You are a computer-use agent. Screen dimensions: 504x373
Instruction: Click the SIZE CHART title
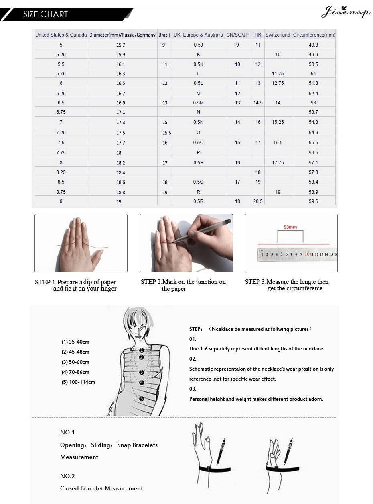(x=45, y=14)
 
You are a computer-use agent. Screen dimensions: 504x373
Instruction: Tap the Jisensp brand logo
(x=345, y=13)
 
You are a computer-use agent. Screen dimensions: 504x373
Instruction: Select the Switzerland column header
(x=278, y=35)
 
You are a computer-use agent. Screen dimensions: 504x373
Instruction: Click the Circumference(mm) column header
(x=314, y=35)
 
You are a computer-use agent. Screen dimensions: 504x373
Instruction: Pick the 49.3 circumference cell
(x=313, y=45)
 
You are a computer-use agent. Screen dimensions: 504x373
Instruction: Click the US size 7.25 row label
(x=61, y=133)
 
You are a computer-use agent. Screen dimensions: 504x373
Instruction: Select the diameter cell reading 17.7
(x=121, y=143)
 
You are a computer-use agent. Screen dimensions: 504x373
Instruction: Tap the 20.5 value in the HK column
(x=258, y=201)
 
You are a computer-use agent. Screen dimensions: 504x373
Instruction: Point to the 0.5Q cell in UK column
(x=198, y=182)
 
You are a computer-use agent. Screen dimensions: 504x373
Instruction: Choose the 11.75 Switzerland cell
(x=278, y=74)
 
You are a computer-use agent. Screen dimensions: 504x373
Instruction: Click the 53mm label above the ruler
(x=290, y=227)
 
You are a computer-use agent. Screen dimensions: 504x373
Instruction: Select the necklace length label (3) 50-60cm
(x=75, y=362)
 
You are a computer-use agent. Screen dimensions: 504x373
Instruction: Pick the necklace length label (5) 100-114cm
(x=78, y=382)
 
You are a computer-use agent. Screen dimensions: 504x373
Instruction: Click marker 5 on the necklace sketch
(x=142, y=398)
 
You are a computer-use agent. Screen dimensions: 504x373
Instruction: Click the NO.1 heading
(x=67, y=432)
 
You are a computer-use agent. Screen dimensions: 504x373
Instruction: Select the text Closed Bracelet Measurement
(x=101, y=488)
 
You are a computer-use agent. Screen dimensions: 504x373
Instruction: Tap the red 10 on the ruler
(x=307, y=254)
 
